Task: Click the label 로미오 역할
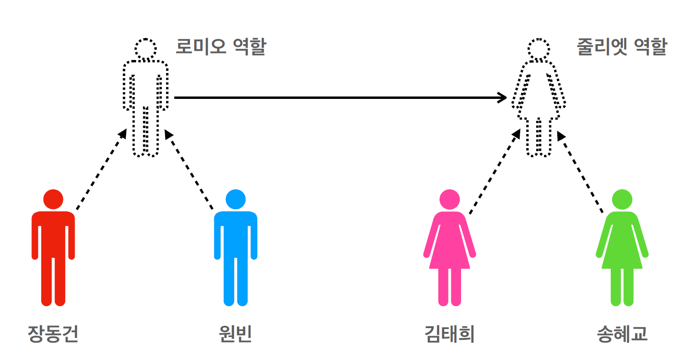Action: [220, 47]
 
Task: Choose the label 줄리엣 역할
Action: [622, 47]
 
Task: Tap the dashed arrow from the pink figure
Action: [494, 172]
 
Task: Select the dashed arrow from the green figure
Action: [581, 172]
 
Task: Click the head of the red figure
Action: [53, 199]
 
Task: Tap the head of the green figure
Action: [622, 199]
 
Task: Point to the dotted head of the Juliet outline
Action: [538, 48]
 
